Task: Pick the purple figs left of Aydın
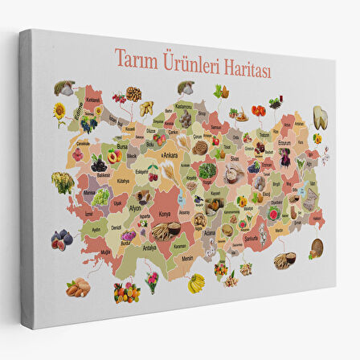click(x=61, y=238)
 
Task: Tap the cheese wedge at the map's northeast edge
click(x=320, y=117)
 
